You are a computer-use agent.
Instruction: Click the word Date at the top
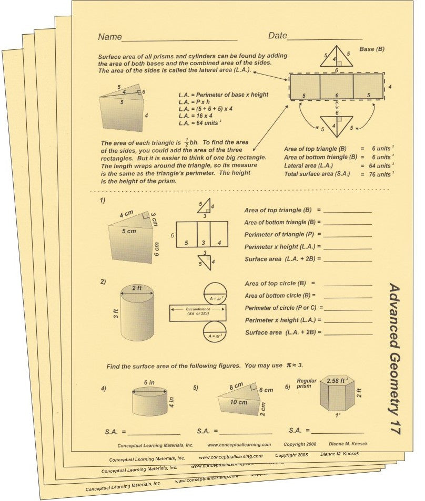[278, 36]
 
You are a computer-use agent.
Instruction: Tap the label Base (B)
[372, 49]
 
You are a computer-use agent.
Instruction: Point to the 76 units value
[377, 174]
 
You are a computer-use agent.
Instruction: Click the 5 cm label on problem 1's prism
[128, 231]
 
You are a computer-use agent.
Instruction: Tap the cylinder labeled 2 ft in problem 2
[137, 314]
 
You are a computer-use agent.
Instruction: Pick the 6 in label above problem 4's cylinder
[149, 383]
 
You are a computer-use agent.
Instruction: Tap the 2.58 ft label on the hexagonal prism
[339, 380]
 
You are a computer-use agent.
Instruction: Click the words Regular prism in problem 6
[307, 383]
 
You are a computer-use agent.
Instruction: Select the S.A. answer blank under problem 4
[154, 433]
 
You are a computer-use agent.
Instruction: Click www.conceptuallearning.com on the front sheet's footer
[239, 444]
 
